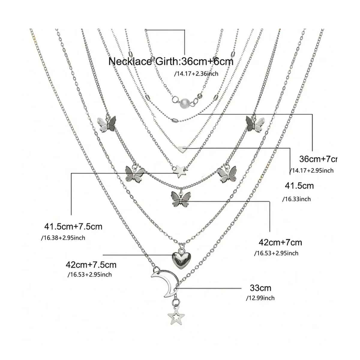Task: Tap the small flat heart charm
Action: click(x=181, y=148)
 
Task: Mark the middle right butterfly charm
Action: click(x=227, y=174)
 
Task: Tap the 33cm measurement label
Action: click(x=260, y=288)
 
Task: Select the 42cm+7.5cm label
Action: click(x=91, y=265)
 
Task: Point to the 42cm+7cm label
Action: click(x=280, y=242)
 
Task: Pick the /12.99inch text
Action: click(x=260, y=298)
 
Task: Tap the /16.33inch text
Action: click(x=296, y=199)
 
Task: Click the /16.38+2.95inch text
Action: click(x=63, y=238)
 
